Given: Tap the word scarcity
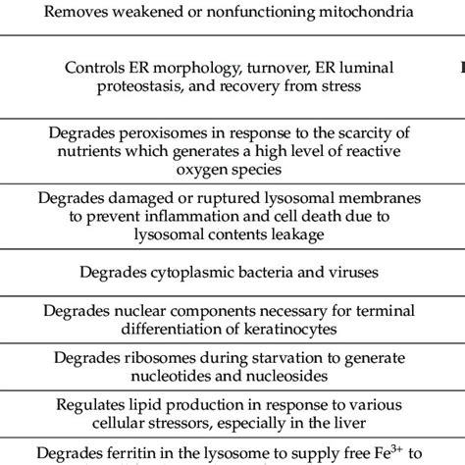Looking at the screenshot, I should (x=341, y=134).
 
